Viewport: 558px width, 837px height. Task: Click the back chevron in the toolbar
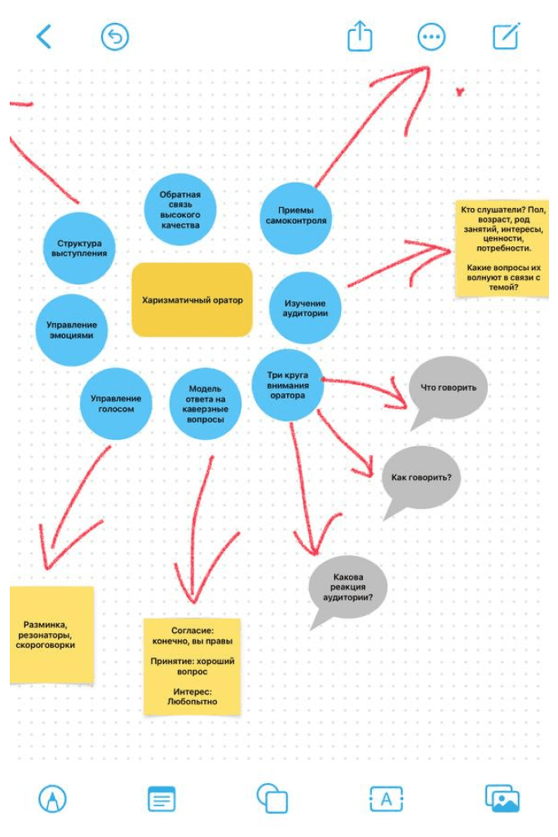pos(44,37)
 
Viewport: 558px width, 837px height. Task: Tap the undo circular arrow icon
pos(115,37)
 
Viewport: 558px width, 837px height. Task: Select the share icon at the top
pos(360,36)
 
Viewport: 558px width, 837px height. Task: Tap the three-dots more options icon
pos(431,37)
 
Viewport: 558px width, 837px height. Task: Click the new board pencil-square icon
pos(506,36)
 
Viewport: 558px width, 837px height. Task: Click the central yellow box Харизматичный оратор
pos(192,300)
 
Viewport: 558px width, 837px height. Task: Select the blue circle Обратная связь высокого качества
pos(180,210)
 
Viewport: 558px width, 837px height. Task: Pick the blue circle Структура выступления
pos(79,248)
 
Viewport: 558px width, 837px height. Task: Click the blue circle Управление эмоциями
pos(72,330)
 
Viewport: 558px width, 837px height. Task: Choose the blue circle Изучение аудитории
pos(305,308)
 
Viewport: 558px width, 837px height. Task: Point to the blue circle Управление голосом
pos(116,404)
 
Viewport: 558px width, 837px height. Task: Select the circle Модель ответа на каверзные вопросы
pos(205,404)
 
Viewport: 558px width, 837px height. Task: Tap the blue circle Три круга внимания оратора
pos(287,385)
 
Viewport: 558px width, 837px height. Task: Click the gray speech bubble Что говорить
pos(448,388)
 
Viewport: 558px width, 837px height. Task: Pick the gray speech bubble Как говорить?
pos(421,478)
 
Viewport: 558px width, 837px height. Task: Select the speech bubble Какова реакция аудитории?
pos(348,588)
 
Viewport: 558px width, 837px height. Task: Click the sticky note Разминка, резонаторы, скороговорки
pos(51,635)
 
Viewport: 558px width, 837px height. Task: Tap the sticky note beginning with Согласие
pos(193,666)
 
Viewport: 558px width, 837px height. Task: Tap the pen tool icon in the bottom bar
pos(52,799)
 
